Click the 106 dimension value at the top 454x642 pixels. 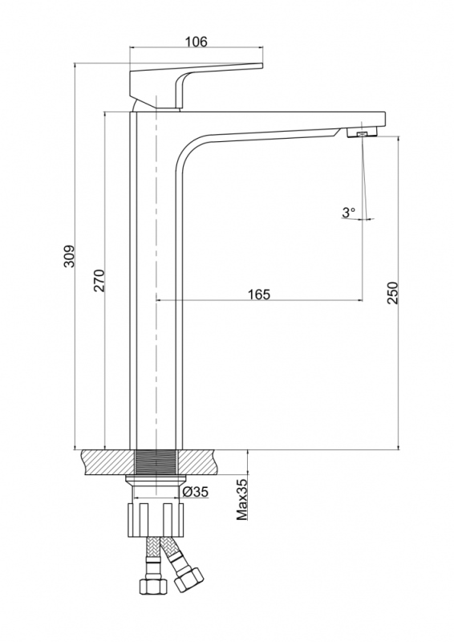click(196, 42)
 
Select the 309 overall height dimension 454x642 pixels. click(70, 256)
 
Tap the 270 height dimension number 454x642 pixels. click(99, 280)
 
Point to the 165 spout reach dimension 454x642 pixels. click(259, 295)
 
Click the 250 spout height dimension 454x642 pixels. click(392, 293)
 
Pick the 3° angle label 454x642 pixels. click(349, 213)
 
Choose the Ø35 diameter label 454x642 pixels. click(195, 492)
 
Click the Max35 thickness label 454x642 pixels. click(242, 499)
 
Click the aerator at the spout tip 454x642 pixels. click(362, 133)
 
